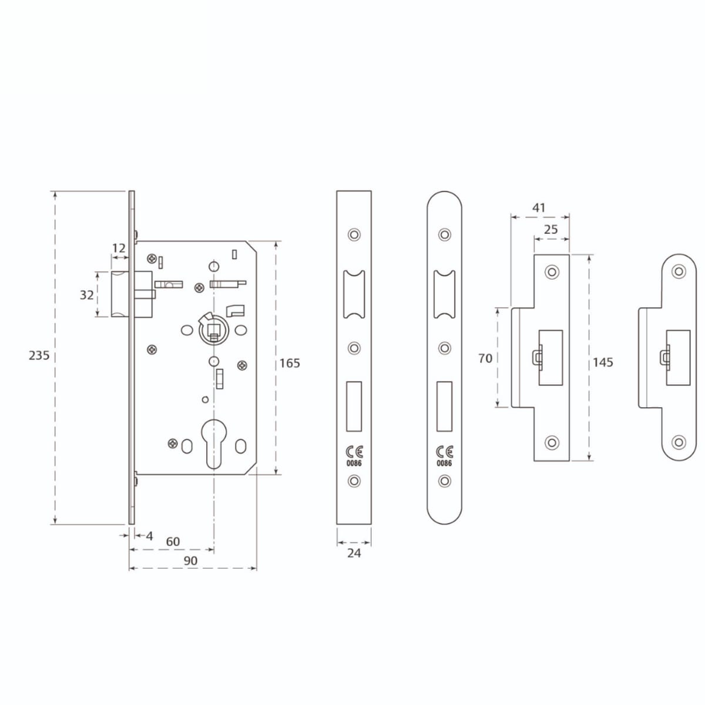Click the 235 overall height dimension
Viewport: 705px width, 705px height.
pyautogui.click(x=39, y=355)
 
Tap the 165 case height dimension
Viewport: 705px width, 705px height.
pyautogui.click(x=290, y=363)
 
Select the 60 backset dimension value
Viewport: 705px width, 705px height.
pyautogui.click(x=173, y=541)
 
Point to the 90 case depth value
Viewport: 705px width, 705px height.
pyautogui.click(x=190, y=560)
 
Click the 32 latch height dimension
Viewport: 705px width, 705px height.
pyautogui.click(x=87, y=295)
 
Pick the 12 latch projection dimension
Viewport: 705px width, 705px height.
pyautogui.click(x=119, y=249)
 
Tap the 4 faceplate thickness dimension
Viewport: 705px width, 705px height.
pyautogui.click(x=149, y=536)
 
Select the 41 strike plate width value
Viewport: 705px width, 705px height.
pyautogui.click(x=539, y=208)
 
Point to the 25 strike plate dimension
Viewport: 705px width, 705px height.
pyautogui.click(x=551, y=229)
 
